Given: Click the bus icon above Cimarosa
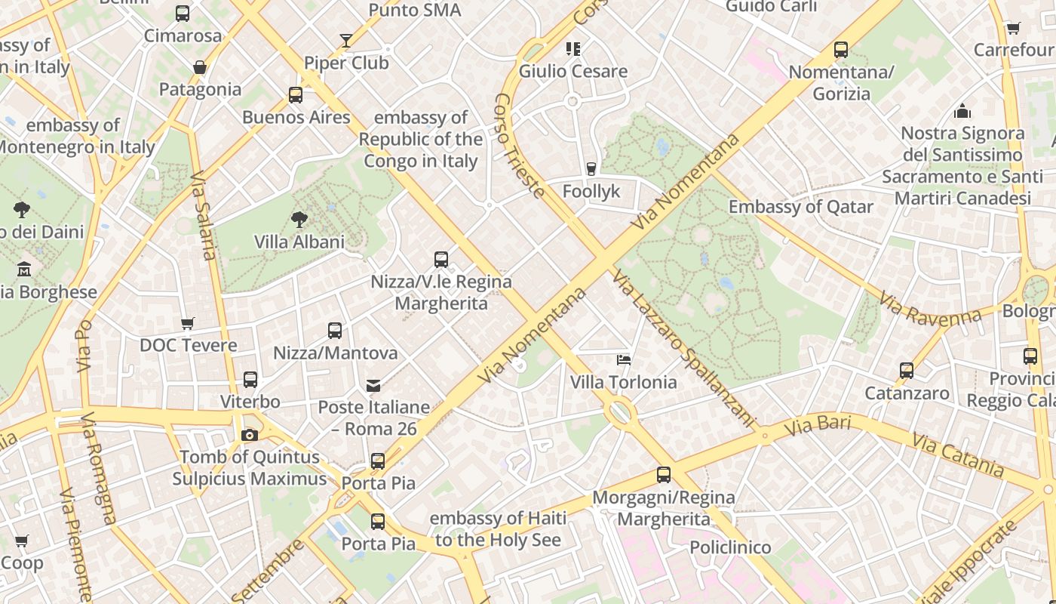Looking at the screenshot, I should (x=183, y=13).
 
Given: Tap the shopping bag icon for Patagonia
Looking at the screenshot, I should (x=200, y=68).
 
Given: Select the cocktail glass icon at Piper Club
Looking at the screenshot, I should (x=346, y=41).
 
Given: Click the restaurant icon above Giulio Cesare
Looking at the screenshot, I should (x=573, y=49).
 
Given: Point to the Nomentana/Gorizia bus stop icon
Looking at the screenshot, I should (x=841, y=51).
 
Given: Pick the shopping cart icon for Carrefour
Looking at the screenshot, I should (x=1014, y=29).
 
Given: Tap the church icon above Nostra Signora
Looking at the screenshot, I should (x=962, y=112).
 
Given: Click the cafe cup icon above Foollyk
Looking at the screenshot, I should (x=591, y=169).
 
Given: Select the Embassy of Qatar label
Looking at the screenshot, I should (x=801, y=207).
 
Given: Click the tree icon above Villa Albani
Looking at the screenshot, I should (x=299, y=220).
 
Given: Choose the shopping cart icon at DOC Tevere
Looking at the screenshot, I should (x=188, y=323).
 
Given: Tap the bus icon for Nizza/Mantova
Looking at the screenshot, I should (x=335, y=331).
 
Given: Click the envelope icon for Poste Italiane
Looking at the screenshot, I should (x=373, y=386).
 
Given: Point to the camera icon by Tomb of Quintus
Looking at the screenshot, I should (x=250, y=435).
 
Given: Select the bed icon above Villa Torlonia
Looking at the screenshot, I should (x=624, y=359).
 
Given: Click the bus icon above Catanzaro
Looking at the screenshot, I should (x=907, y=371).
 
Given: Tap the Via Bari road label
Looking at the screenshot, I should (x=818, y=425).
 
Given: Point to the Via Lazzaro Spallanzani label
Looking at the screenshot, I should (x=683, y=348).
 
